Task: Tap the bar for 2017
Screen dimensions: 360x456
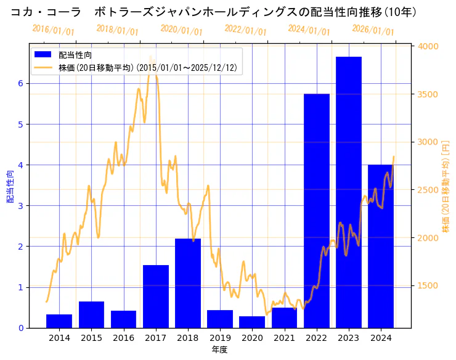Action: pos(156,297)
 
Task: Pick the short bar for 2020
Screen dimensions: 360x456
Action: pos(252,322)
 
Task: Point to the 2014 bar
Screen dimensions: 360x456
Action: pos(59,321)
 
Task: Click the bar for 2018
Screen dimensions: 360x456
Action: pos(188,283)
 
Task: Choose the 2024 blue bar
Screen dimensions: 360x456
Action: pos(381,247)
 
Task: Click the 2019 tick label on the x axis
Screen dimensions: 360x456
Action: pos(220,338)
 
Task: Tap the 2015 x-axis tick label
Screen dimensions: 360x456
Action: pos(91,338)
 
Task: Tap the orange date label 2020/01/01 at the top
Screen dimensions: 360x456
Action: pos(181,30)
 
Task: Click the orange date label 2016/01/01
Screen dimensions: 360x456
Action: pos(53,30)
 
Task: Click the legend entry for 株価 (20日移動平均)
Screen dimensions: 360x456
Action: pos(147,67)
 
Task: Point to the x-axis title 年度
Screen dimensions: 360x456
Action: pos(219,350)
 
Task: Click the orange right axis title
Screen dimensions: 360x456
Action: pos(446,186)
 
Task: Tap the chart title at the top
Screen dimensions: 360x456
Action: pos(213,12)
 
